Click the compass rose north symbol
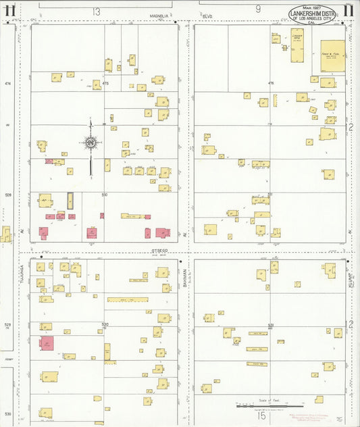coord(91,143)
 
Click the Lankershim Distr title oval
coord(313,15)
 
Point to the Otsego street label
coord(159,251)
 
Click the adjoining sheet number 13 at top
coord(97,11)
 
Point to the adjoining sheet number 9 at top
coord(258,9)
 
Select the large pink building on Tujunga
coord(46,343)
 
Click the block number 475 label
coord(105,83)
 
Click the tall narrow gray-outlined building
coord(70,201)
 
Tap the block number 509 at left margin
coord(8,195)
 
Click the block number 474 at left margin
coord(8,83)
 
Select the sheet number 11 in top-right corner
coord(348,10)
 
